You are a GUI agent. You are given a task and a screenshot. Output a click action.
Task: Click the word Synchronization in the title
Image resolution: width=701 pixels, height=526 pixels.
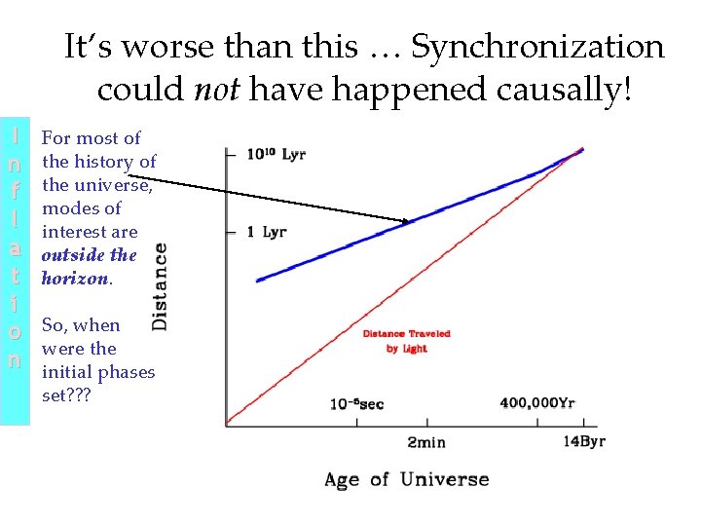pyautogui.click(x=537, y=47)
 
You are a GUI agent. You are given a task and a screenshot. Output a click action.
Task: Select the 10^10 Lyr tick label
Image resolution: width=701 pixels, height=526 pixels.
pyautogui.click(x=276, y=154)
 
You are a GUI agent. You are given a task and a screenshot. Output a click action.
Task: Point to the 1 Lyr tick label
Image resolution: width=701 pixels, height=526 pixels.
pyautogui.click(x=266, y=232)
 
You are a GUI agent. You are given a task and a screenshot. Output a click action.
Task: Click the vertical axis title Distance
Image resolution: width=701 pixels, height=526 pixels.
pyautogui.click(x=160, y=285)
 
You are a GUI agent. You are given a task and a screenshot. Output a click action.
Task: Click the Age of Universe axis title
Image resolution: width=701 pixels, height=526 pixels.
pyautogui.click(x=406, y=479)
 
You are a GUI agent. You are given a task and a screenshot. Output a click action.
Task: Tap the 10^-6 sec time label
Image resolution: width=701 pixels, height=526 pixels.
pyautogui.click(x=356, y=403)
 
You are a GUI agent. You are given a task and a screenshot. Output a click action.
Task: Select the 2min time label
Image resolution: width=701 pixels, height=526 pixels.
pyautogui.click(x=425, y=441)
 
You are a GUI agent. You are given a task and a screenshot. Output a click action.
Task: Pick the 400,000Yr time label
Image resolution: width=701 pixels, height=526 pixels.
pyautogui.click(x=536, y=403)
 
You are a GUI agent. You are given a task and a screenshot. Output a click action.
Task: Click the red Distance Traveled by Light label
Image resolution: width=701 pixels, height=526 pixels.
pyautogui.click(x=406, y=341)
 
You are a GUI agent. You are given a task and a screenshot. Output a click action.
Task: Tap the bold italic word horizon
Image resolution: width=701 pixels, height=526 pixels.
pyautogui.click(x=75, y=279)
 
